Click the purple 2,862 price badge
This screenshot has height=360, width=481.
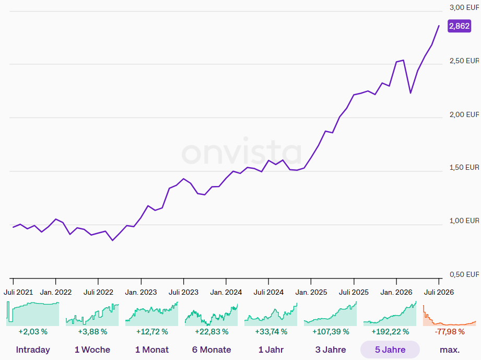coord(459,26)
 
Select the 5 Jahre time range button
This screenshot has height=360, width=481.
coord(390,350)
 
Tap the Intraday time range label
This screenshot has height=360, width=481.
coord(33,350)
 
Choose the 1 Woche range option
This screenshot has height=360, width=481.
coord(92,350)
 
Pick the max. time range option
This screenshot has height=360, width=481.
coord(450,350)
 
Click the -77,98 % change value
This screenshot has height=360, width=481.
coord(450,332)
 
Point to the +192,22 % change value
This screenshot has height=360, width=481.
coord(390,332)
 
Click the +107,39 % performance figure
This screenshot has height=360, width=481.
coord(331,332)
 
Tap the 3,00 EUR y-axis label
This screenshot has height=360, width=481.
coord(464,8)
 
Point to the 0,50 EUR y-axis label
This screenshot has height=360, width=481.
coord(464,274)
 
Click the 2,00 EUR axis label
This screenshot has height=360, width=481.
coord(464,114)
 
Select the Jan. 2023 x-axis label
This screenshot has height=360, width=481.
coord(141,292)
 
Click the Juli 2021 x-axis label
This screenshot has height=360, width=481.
coord(18,292)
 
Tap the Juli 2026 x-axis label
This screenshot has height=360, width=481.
coord(439,292)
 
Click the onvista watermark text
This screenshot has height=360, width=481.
coord(242,152)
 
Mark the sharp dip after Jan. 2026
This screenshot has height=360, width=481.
coord(410,92)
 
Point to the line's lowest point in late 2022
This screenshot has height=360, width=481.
coord(113,240)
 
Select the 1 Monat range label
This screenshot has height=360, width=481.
coord(152,350)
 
